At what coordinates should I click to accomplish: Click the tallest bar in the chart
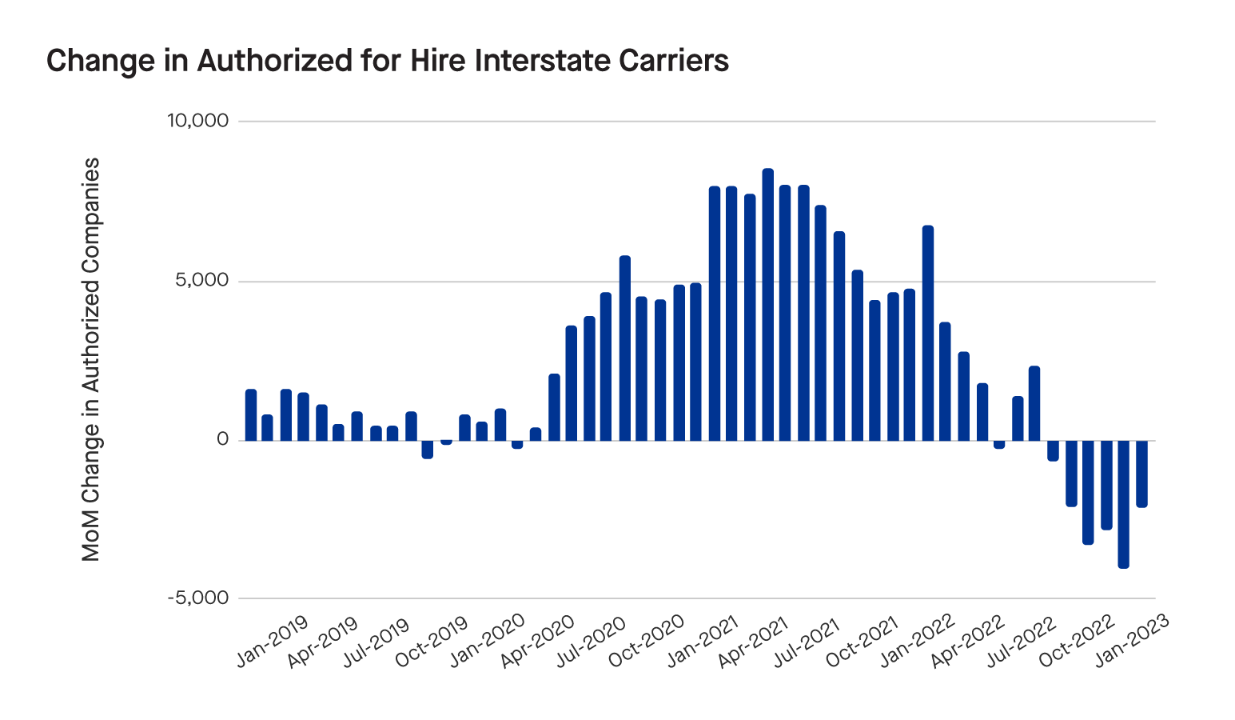tap(767, 304)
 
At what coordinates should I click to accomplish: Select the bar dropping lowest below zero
tap(1123, 504)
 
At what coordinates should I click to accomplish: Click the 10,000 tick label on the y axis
tap(197, 121)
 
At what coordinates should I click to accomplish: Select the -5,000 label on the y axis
tap(198, 598)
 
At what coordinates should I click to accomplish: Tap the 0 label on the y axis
tap(222, 439)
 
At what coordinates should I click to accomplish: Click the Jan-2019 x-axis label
tap(273, 641)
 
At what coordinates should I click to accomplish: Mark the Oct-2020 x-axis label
tap(647, 641)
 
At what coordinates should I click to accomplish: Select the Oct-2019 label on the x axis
tap(432, 641)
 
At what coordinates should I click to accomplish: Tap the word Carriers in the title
tap(679, 61)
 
